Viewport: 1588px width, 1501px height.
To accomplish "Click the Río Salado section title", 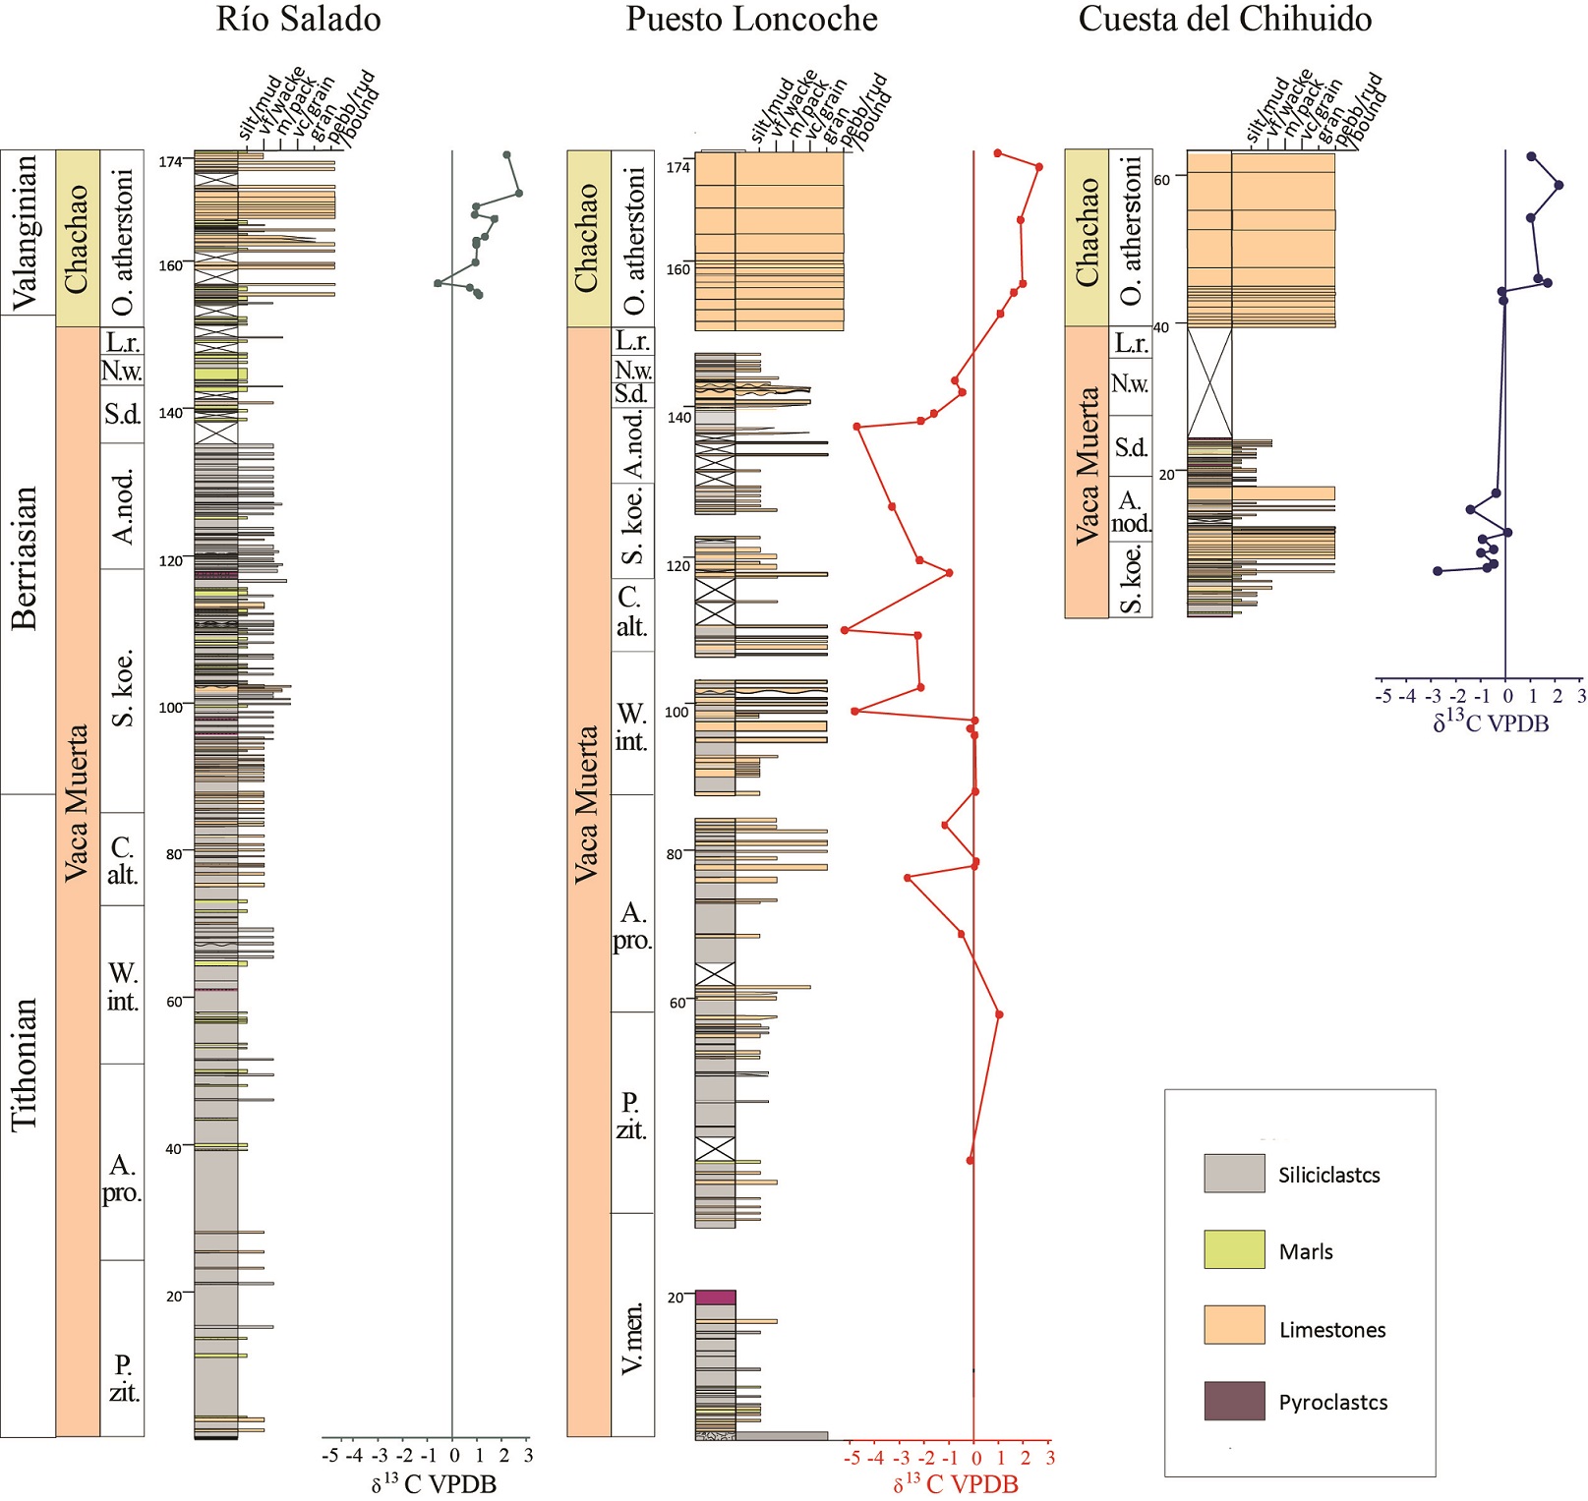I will [x=298, y=20].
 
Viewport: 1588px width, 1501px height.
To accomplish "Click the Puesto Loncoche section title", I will [x=751, y=20].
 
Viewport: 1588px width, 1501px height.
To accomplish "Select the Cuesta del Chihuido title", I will [x=1224, y=20].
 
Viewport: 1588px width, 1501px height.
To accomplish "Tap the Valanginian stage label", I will [x=27, y=232].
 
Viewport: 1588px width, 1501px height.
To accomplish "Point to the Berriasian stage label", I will [x=27, y=556].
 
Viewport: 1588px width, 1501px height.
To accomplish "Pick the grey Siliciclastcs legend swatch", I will [x=1234, y=1174].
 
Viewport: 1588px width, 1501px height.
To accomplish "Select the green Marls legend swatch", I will [x=1234, y=1249].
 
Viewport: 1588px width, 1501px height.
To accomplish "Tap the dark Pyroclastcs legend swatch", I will [x=1234, y=1401].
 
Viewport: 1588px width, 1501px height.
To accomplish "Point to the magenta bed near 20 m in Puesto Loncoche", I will [x=715, y=1298].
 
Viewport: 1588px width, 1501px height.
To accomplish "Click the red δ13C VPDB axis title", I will [x=955, y=1483].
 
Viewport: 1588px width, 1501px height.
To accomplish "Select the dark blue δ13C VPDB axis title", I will [x=1490, y=723].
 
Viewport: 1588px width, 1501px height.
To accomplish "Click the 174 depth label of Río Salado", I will [x=170, y=162].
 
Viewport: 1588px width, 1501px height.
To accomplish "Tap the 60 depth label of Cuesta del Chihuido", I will [x=1162, y=180].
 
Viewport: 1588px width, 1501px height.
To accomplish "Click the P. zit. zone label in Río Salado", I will [x=123, y=1378].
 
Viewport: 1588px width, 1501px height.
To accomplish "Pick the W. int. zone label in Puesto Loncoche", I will [x=631, y=726].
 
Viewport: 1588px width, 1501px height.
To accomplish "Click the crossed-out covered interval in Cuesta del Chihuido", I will [x=1208, y=381].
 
